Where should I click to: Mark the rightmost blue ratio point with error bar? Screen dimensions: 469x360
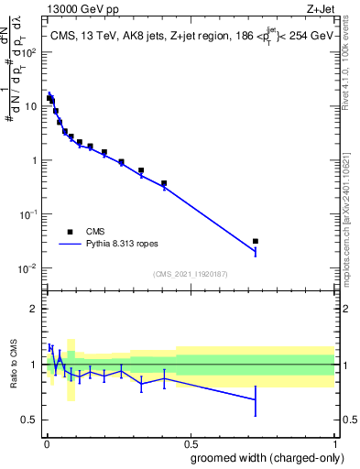[x=256, y=399]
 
